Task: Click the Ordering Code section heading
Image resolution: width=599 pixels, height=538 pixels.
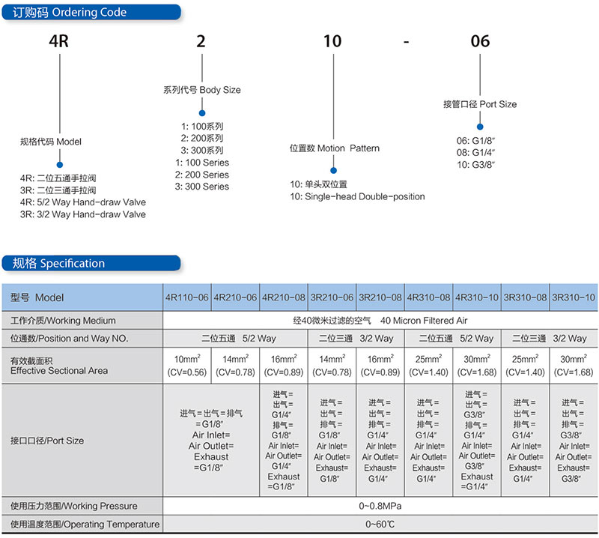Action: point(70,12)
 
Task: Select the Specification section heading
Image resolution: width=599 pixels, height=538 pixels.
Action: point(58,263)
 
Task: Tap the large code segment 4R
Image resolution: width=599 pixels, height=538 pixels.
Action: point(59,41)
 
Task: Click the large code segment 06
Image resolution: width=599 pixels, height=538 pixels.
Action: point(480,41)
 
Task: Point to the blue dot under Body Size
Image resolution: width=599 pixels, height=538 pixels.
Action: point(202,113)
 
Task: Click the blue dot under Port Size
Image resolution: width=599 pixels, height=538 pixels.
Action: point(480,127)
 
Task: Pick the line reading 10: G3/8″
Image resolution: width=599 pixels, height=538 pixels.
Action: point(476,165)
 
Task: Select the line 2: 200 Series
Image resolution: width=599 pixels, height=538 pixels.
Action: point(202,175)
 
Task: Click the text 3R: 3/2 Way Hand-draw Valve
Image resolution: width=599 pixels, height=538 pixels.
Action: point(83,214)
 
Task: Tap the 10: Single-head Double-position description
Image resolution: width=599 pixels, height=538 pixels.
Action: point(357,196)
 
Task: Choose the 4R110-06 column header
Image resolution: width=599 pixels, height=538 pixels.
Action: point(187,297)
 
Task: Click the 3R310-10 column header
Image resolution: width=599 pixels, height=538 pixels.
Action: point(574,297)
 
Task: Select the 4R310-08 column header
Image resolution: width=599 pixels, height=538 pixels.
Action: point(428,297)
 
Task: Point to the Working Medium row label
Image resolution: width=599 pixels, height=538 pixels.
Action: point(63,321)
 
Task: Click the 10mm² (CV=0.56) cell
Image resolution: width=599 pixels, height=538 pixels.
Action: point(187,366)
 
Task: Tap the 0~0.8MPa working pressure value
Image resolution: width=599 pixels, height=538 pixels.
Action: point(380,506)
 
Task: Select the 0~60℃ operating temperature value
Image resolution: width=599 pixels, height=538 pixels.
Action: point(380,525)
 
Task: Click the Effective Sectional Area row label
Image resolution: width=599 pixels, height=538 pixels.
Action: point(59,366)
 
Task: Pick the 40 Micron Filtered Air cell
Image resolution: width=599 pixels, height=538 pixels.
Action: point(380,321)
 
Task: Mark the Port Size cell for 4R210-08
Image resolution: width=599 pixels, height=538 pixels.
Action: point(284,440)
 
